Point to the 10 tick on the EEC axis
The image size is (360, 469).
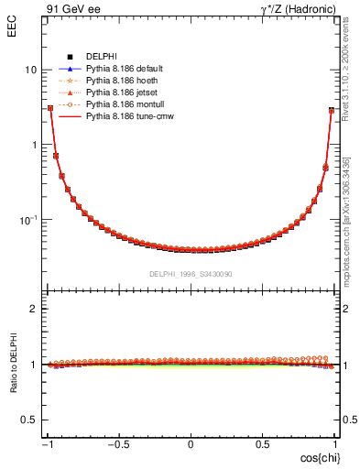(x=30, y=70)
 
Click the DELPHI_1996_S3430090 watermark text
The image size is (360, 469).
(x=191, y=274)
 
